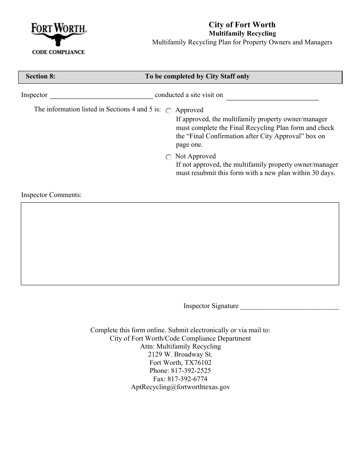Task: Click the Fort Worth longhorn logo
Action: point(58,34)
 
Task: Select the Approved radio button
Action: point(169,111)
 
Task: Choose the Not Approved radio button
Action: point(169,157)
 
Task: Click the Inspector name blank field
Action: point(101,95)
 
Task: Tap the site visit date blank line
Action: point(272,97)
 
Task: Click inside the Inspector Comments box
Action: point(180,244)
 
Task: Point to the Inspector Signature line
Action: point(290,306)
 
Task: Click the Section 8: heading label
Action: point(41,77)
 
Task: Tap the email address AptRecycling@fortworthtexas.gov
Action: point(180,387)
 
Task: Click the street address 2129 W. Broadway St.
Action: point(180,355)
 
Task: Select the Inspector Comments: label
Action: point(52,195)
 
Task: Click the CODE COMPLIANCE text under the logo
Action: point(58,52)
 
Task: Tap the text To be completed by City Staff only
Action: point(197,77)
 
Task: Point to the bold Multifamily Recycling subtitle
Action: point(243,34)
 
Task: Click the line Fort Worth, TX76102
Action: point(180,363)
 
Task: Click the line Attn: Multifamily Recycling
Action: point(180,346)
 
